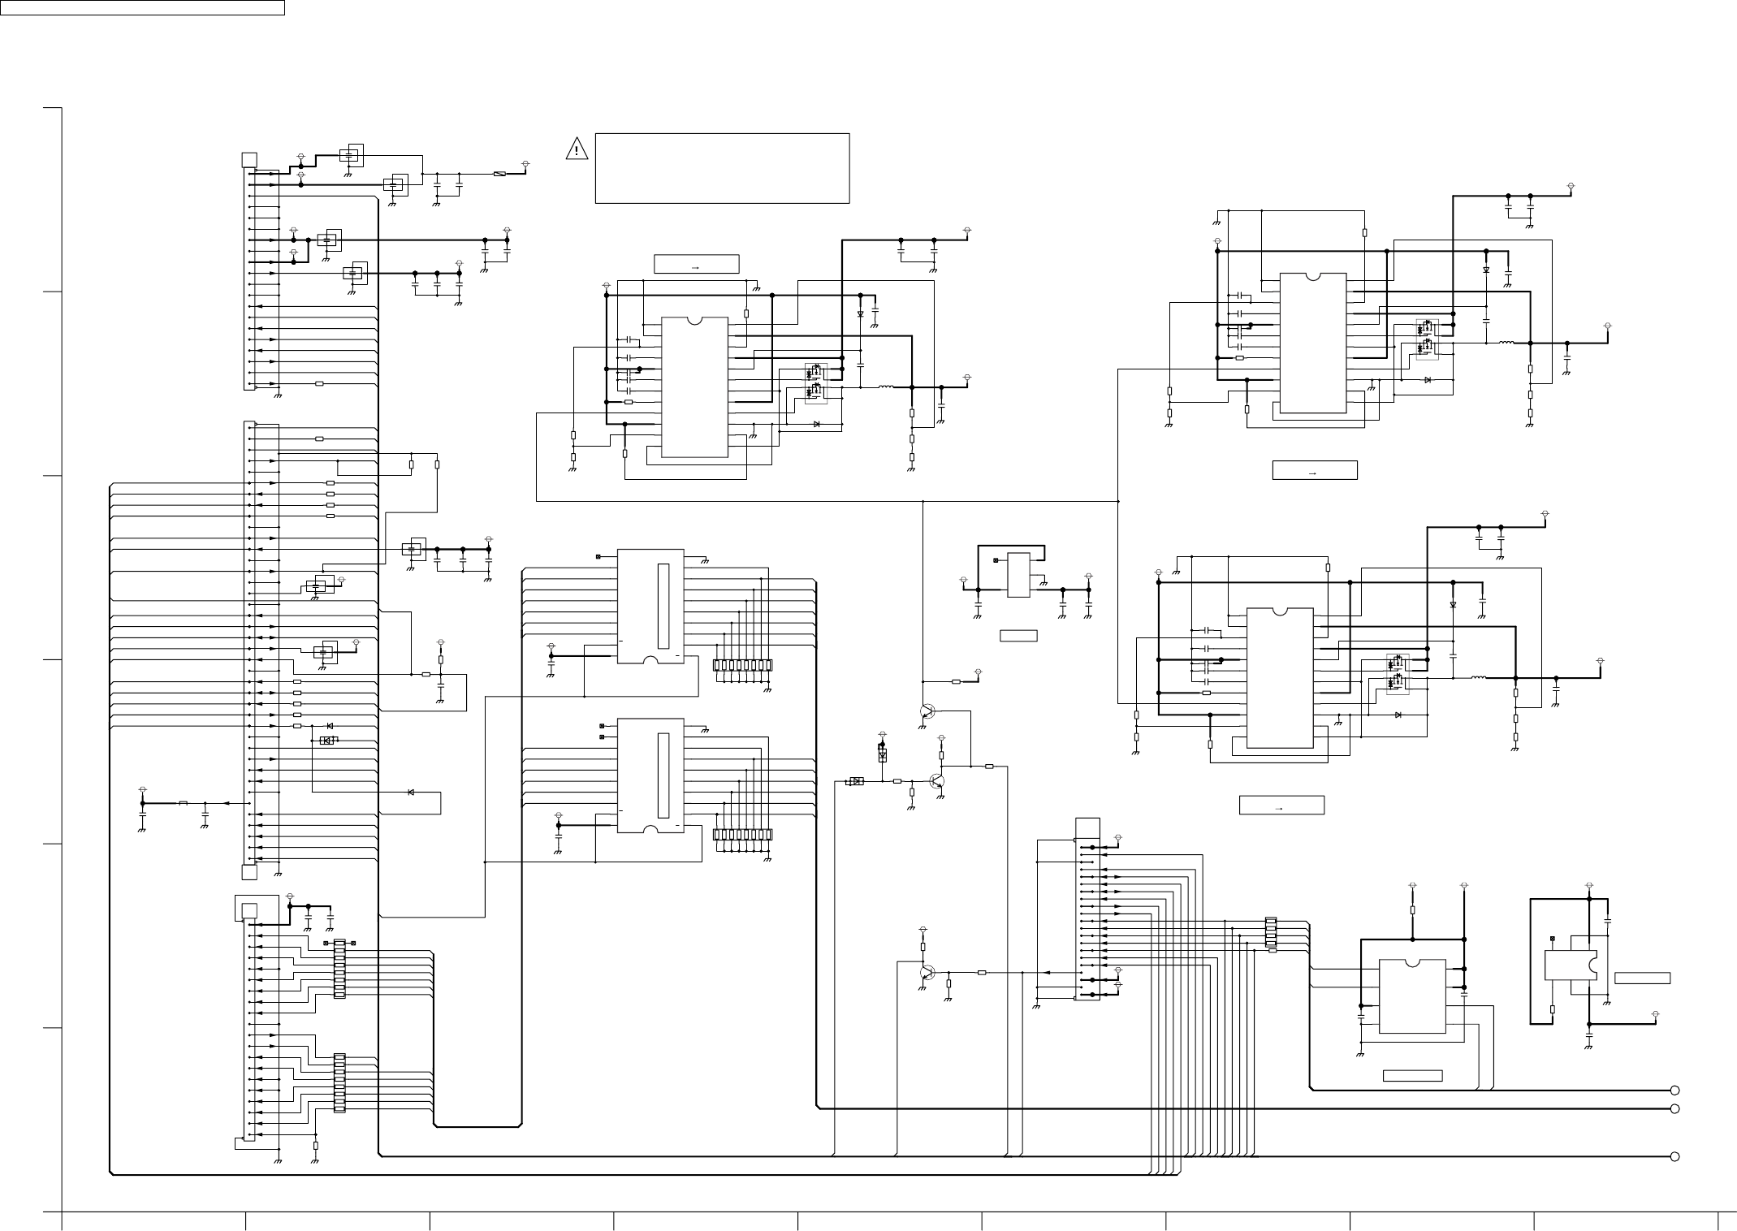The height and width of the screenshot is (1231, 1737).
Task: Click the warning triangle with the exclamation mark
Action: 577,149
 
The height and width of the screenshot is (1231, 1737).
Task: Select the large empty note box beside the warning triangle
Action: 722,168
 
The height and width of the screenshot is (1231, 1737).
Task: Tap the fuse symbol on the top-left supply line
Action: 500,175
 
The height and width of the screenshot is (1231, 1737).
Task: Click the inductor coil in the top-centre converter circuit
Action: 885,387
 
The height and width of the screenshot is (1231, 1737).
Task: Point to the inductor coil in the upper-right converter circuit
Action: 1505,343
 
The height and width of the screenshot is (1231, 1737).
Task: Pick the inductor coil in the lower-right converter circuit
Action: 1479,677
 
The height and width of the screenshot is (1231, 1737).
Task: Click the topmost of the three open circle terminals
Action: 1674,1091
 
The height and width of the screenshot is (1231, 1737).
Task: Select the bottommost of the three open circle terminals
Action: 1674,1156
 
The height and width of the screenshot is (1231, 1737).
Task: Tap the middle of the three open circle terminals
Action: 1674,1108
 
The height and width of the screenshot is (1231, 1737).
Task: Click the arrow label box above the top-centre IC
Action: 696,265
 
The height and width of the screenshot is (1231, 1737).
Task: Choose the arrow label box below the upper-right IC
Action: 1314,470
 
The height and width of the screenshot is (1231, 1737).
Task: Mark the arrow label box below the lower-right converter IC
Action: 1281,805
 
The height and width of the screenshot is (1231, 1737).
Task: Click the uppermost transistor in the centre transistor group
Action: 927,711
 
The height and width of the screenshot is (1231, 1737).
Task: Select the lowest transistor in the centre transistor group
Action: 927,972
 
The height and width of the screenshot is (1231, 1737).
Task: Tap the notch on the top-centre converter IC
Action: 694,320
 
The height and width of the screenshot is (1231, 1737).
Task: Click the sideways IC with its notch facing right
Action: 1570,965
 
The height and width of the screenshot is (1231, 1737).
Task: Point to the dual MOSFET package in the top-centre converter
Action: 814,382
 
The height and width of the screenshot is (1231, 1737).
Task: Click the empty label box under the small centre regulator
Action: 1018,635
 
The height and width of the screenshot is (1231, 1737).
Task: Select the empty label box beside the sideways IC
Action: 1642,978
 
